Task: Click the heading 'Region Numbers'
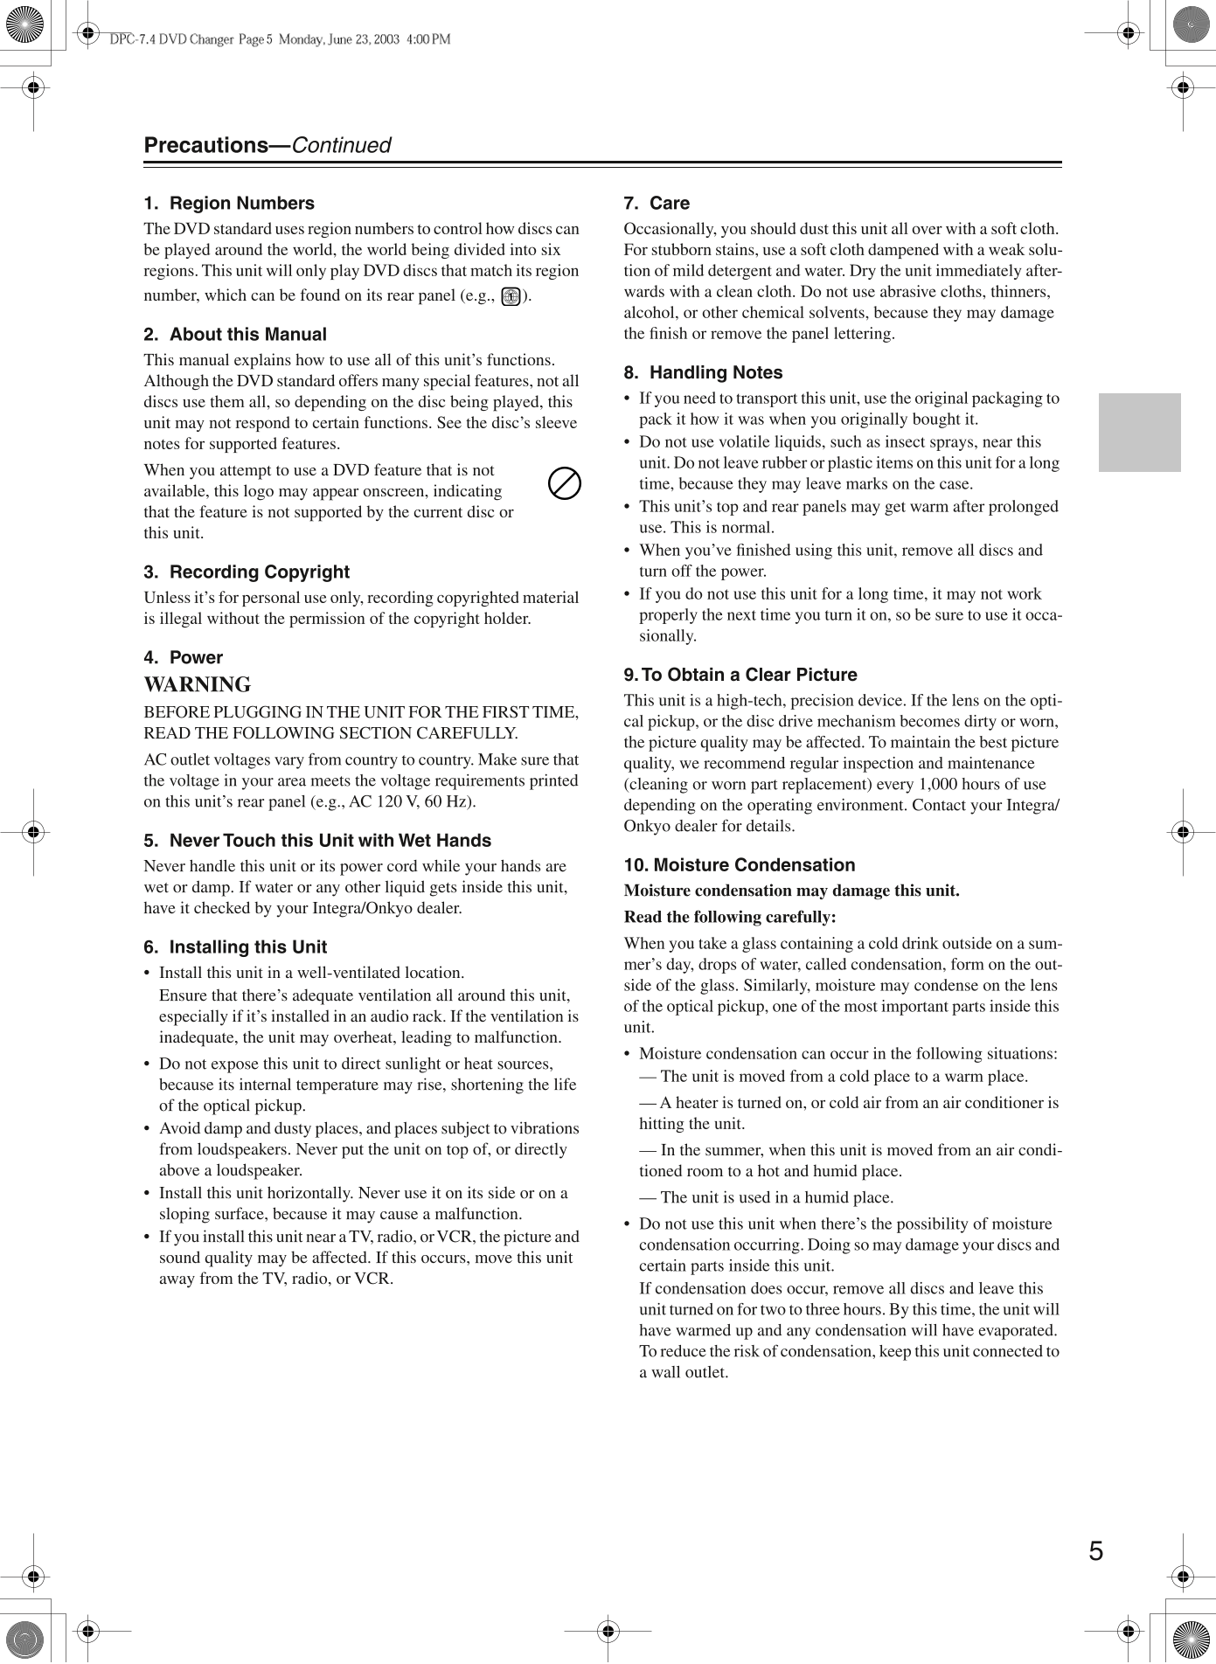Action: tap(241, 204)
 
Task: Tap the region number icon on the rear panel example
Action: tap(511, 296)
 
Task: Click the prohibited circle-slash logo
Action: tap(565, 483)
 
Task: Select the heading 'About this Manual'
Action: tap(247, 335)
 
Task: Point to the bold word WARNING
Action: tap(198, 685)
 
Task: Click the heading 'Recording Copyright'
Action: tap(259, 572)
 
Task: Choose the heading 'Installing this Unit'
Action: tap(247, 947)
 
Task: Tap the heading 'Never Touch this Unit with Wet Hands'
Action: tap(330, 841)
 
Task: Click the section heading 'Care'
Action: tap(669, 204)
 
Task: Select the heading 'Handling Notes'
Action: tap(715, 373)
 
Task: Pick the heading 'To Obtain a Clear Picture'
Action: tap(748, 676)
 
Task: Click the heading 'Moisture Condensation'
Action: tap(754, 865)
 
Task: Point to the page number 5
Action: tap(1095, 1550)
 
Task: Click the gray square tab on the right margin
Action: tap(1139, 433)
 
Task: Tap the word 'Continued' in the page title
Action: tap(341, 146)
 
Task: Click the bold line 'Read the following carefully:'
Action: tap(730, 917)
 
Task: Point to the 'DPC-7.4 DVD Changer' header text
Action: tap(171, 39)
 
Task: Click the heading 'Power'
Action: tap(196, 658)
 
